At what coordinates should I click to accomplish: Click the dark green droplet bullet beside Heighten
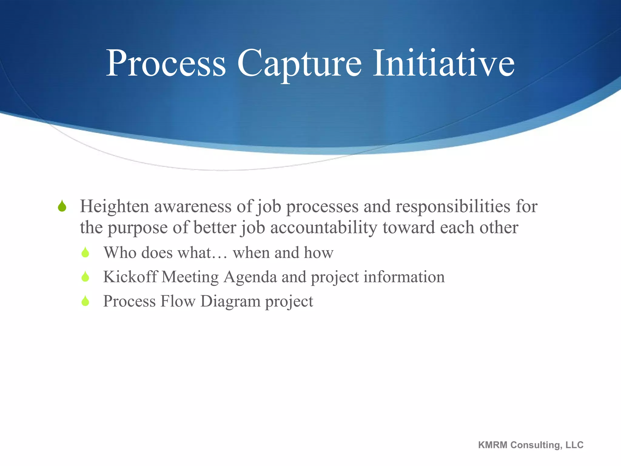coord(62,206)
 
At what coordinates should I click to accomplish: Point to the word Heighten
coord(114,206)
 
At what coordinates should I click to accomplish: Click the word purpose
coord(137,228)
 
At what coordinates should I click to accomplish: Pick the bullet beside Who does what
coord(86,252)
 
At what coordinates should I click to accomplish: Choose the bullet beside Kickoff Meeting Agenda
coord(86,277)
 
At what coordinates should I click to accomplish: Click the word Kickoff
coord(130,277)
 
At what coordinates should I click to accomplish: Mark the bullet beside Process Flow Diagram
coord(86,301)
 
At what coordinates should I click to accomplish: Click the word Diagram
coord(230,302)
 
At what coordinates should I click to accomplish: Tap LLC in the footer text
coord(575,445)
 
